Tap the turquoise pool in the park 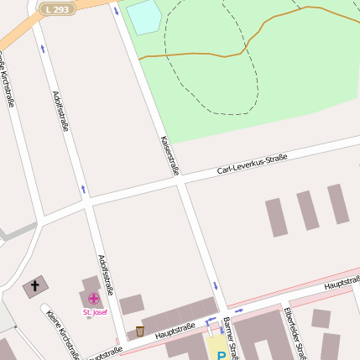[x=143, y=18]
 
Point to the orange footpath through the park [x=252, y=38]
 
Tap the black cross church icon [x=34, y=287]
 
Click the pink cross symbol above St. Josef [x=92, y=298]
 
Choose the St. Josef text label [x=94, y=312]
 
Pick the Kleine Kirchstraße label [x=63, y=333]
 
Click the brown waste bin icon [x=139, y=331]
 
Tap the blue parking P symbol [x=222, y=355]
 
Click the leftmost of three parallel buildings [x=277, y=217]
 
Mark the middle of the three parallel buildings [x=307, y=211]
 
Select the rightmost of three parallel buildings [x=337, y=204]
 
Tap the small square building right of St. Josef [x=131, y=305]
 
